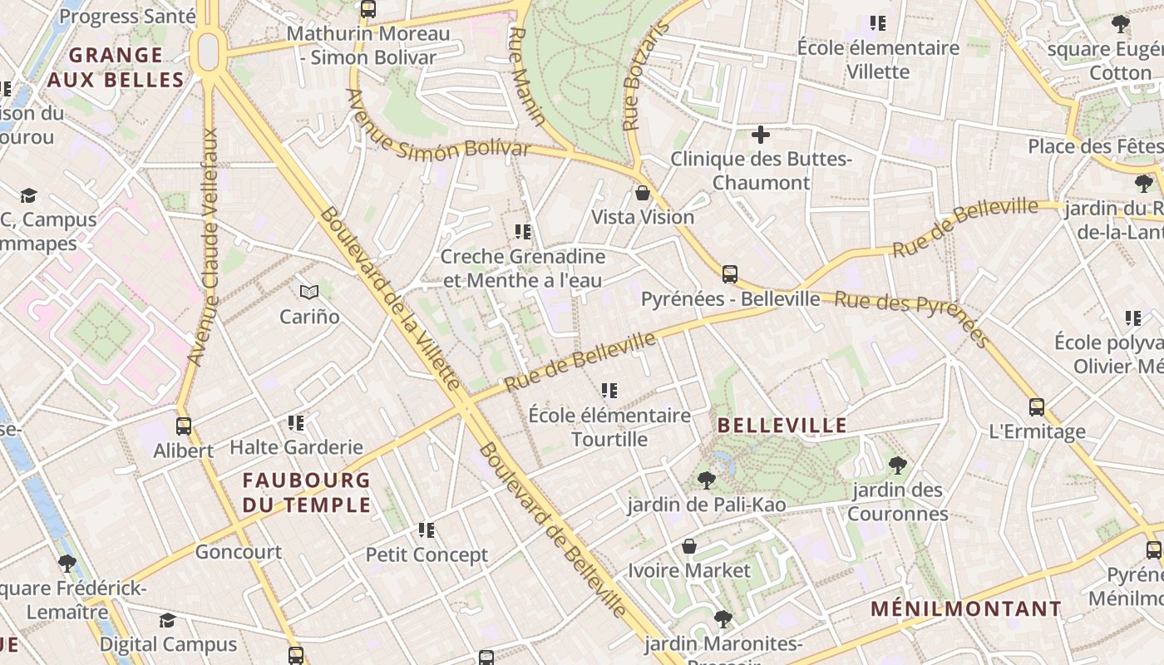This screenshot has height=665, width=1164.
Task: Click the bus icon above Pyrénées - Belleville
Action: pyautogui.click(x=729, y=273)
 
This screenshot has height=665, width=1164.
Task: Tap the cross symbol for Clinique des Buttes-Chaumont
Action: pyautogui.click(x=760, y=134)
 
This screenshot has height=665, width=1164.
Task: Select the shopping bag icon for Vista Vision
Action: pyautogui.click(x=643, y=194)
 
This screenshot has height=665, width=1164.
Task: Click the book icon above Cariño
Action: pyautogui.click(x=309, y=292)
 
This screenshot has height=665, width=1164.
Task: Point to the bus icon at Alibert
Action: pyautogui.click(x=184, y=426)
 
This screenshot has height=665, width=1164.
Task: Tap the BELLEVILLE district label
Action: pyautogui.click(x=782, y=426)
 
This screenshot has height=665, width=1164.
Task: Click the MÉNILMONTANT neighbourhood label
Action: pyautogui.click(x=966, y=608)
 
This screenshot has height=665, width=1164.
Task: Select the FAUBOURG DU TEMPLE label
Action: pyautogui.click(x=306, y=492)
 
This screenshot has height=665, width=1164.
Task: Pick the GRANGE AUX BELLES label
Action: pyautogui.click(x=116, y=67)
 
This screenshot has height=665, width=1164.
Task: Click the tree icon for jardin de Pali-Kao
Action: pyautogui.click(x=706, y=480)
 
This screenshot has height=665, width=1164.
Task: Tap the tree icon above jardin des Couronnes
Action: pyautogui.click(x=897, y=465)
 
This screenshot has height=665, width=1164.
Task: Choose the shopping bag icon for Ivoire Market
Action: pyautogui.click(x=688, y=546)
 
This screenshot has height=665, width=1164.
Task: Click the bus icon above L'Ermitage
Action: pyautogui.click(x=1036, y=406)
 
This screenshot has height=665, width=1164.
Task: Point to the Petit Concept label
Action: pyautogui.click(x=427, y=554)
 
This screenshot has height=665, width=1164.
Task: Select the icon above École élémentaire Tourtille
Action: pyautogui.click(x=609, y=390)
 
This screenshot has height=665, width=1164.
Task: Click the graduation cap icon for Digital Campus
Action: pyautogui.click(x=167, y=620)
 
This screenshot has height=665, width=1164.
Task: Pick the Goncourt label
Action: pyautogui.click(x=239, y=551)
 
